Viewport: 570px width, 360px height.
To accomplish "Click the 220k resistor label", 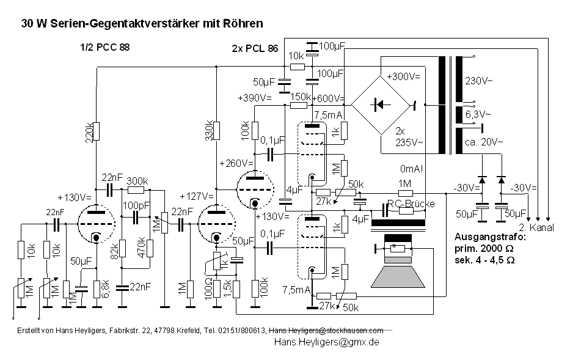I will [89, 131].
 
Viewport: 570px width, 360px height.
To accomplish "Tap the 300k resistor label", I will [137, 182].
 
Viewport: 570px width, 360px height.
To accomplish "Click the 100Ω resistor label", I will [210, 288].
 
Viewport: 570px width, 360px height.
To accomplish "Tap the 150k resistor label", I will [300, 97].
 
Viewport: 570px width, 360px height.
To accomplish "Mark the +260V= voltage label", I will [235, 163].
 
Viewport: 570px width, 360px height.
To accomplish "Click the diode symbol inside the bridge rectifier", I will [379, 105].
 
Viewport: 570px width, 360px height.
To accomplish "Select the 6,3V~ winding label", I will [478, 114].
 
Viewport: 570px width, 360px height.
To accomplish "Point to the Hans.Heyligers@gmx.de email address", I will [327, 342].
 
